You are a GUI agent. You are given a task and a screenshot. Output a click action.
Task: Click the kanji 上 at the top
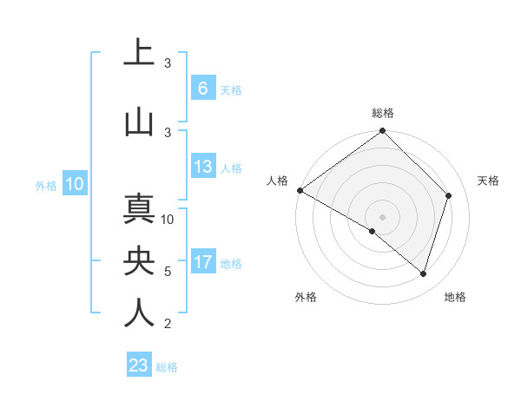[139, 53]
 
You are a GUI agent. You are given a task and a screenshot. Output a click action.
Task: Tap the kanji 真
[139, 209]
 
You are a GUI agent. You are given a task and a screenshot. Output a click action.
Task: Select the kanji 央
[139, 260]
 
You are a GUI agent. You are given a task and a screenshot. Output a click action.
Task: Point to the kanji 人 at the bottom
[139, 313]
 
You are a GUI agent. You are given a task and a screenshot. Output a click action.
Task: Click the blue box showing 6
[202, 88]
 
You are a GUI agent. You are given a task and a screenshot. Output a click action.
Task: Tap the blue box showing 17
[202, 263]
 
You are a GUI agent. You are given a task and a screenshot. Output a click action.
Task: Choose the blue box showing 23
[139, 365]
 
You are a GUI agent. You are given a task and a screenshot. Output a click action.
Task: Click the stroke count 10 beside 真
[168, 219]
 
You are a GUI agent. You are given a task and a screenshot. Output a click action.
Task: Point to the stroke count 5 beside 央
[168, 272]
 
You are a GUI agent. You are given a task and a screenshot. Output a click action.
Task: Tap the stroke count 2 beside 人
[168, 324]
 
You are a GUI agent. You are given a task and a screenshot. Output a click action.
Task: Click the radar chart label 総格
[383, 113]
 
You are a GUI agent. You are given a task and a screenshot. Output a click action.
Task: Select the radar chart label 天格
[489, 181]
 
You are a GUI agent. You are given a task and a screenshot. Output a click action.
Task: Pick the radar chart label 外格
[306, 298]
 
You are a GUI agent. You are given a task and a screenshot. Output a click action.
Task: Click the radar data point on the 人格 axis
[300, 190]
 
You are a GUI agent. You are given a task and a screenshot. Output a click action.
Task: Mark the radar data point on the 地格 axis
[424, 273]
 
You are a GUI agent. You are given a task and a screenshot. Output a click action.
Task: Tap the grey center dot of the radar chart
[382, 216]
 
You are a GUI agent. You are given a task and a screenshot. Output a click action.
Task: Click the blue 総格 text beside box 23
[167, 367]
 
